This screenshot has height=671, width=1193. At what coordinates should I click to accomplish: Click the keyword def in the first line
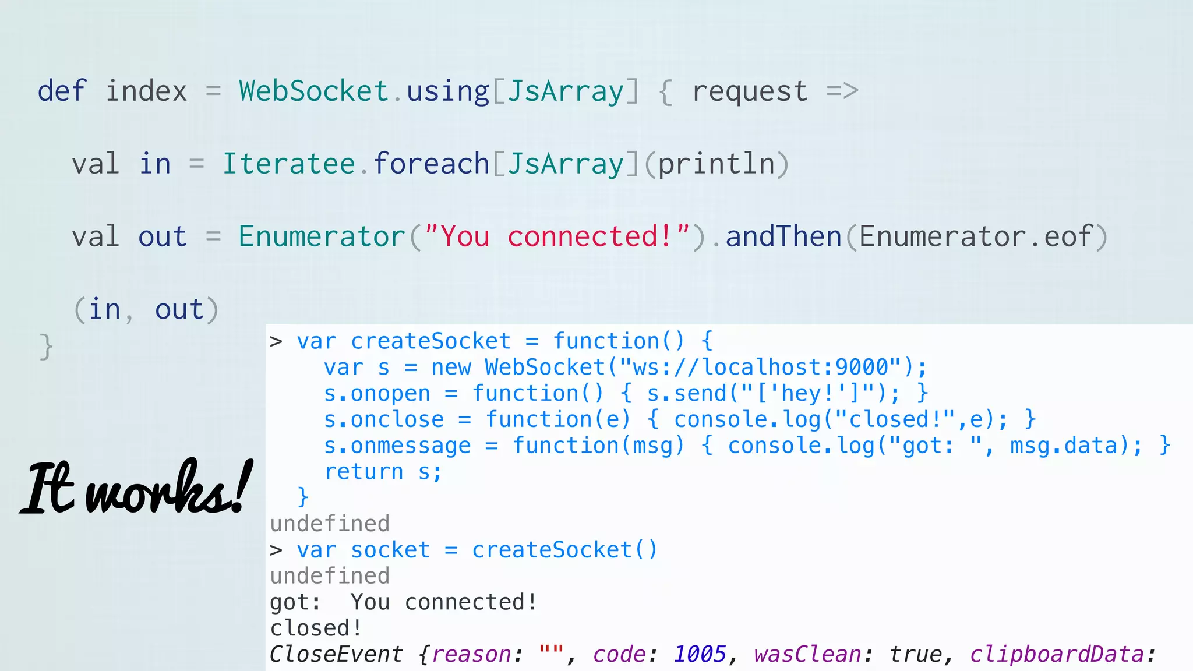62,91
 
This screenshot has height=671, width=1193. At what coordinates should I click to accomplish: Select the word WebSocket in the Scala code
313,91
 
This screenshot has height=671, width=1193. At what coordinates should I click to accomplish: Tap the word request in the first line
750,91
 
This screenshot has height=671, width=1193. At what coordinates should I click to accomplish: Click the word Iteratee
289,164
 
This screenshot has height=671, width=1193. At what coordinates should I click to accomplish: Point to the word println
716,164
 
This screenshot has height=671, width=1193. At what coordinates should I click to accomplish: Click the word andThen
783,236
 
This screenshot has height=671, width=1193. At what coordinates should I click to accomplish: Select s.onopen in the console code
377,394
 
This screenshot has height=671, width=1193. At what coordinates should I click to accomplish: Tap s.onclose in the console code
384,420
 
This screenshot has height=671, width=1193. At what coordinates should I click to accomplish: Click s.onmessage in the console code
397,446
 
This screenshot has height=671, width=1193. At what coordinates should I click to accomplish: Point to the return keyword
363,472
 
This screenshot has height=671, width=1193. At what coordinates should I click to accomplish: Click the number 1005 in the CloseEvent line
700,654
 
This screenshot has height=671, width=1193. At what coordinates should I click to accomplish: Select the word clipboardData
1057,654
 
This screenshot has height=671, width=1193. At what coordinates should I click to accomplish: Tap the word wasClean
807,654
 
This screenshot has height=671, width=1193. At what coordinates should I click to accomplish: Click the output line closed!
316,628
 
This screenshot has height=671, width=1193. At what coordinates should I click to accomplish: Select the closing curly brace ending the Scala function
46,347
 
